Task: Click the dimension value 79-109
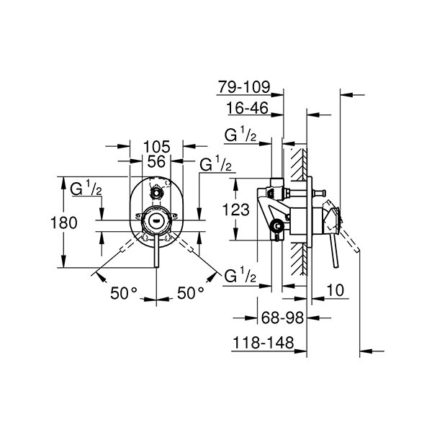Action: click(x=244, y=87)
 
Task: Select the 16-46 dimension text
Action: click(x=248, y=109)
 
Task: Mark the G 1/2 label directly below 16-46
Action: click(x=241, y=135)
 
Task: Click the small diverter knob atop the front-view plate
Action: click(x=156, y=193)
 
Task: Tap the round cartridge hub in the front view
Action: click(x=156, y=220)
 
